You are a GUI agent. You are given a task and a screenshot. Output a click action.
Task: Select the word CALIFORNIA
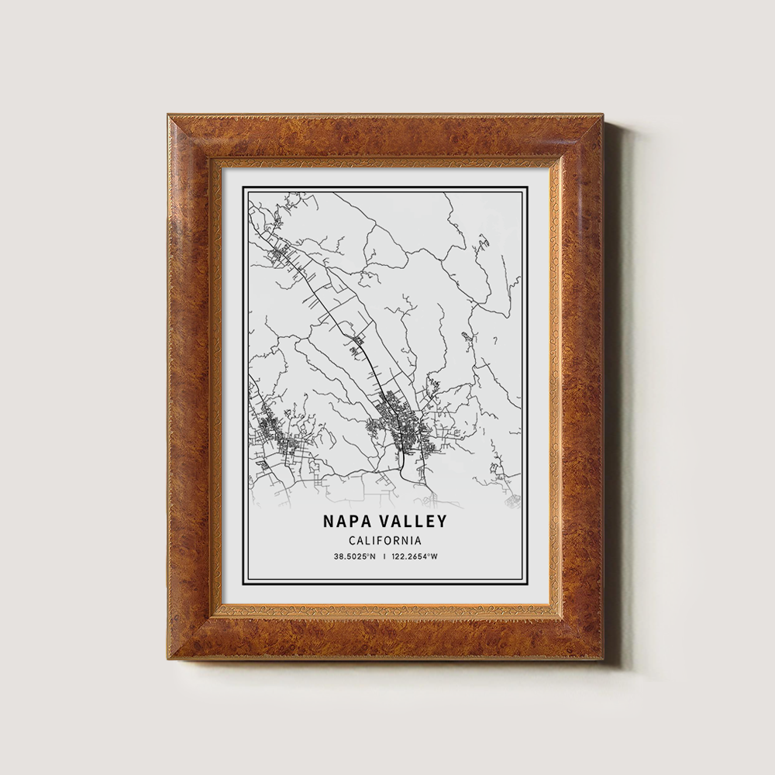point(385,540)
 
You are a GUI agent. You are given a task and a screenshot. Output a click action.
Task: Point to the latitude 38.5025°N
point(354,556)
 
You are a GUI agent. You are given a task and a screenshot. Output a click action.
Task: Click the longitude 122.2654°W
point(415,556)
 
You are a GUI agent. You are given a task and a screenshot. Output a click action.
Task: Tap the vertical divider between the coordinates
point(385,556)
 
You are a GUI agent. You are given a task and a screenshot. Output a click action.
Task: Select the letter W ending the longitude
point(435,556)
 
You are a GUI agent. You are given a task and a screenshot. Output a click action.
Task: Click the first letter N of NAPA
point(330,522)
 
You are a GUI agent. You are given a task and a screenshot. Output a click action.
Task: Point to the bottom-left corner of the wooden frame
point(168,659)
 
